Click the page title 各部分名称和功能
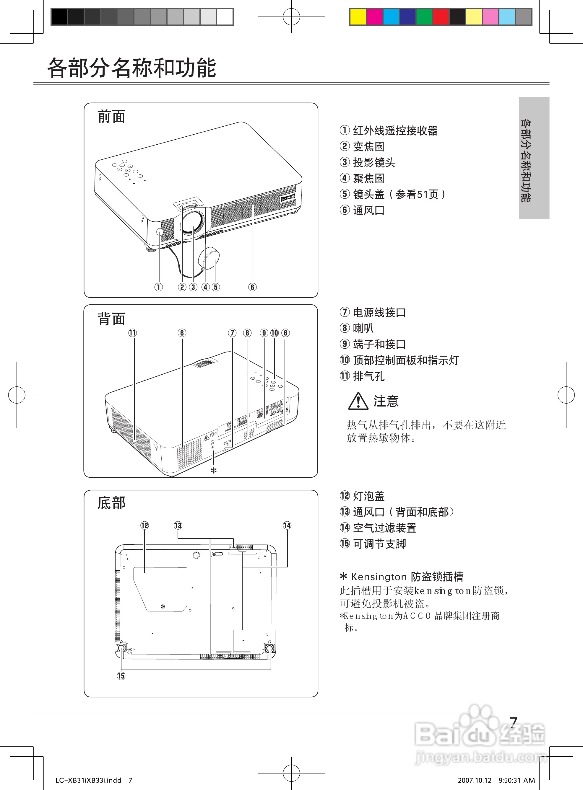(131, 68)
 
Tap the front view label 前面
(111, 116)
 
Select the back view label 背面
(111, 319)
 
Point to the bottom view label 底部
(111, 503)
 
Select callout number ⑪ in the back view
(133, 333)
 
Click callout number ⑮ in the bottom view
(121, 676)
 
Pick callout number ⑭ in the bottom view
(287, 525)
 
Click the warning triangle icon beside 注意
(358, 401)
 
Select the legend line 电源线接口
(379, 312)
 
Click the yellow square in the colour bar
(358, 17)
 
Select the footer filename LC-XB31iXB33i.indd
(89, 780)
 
